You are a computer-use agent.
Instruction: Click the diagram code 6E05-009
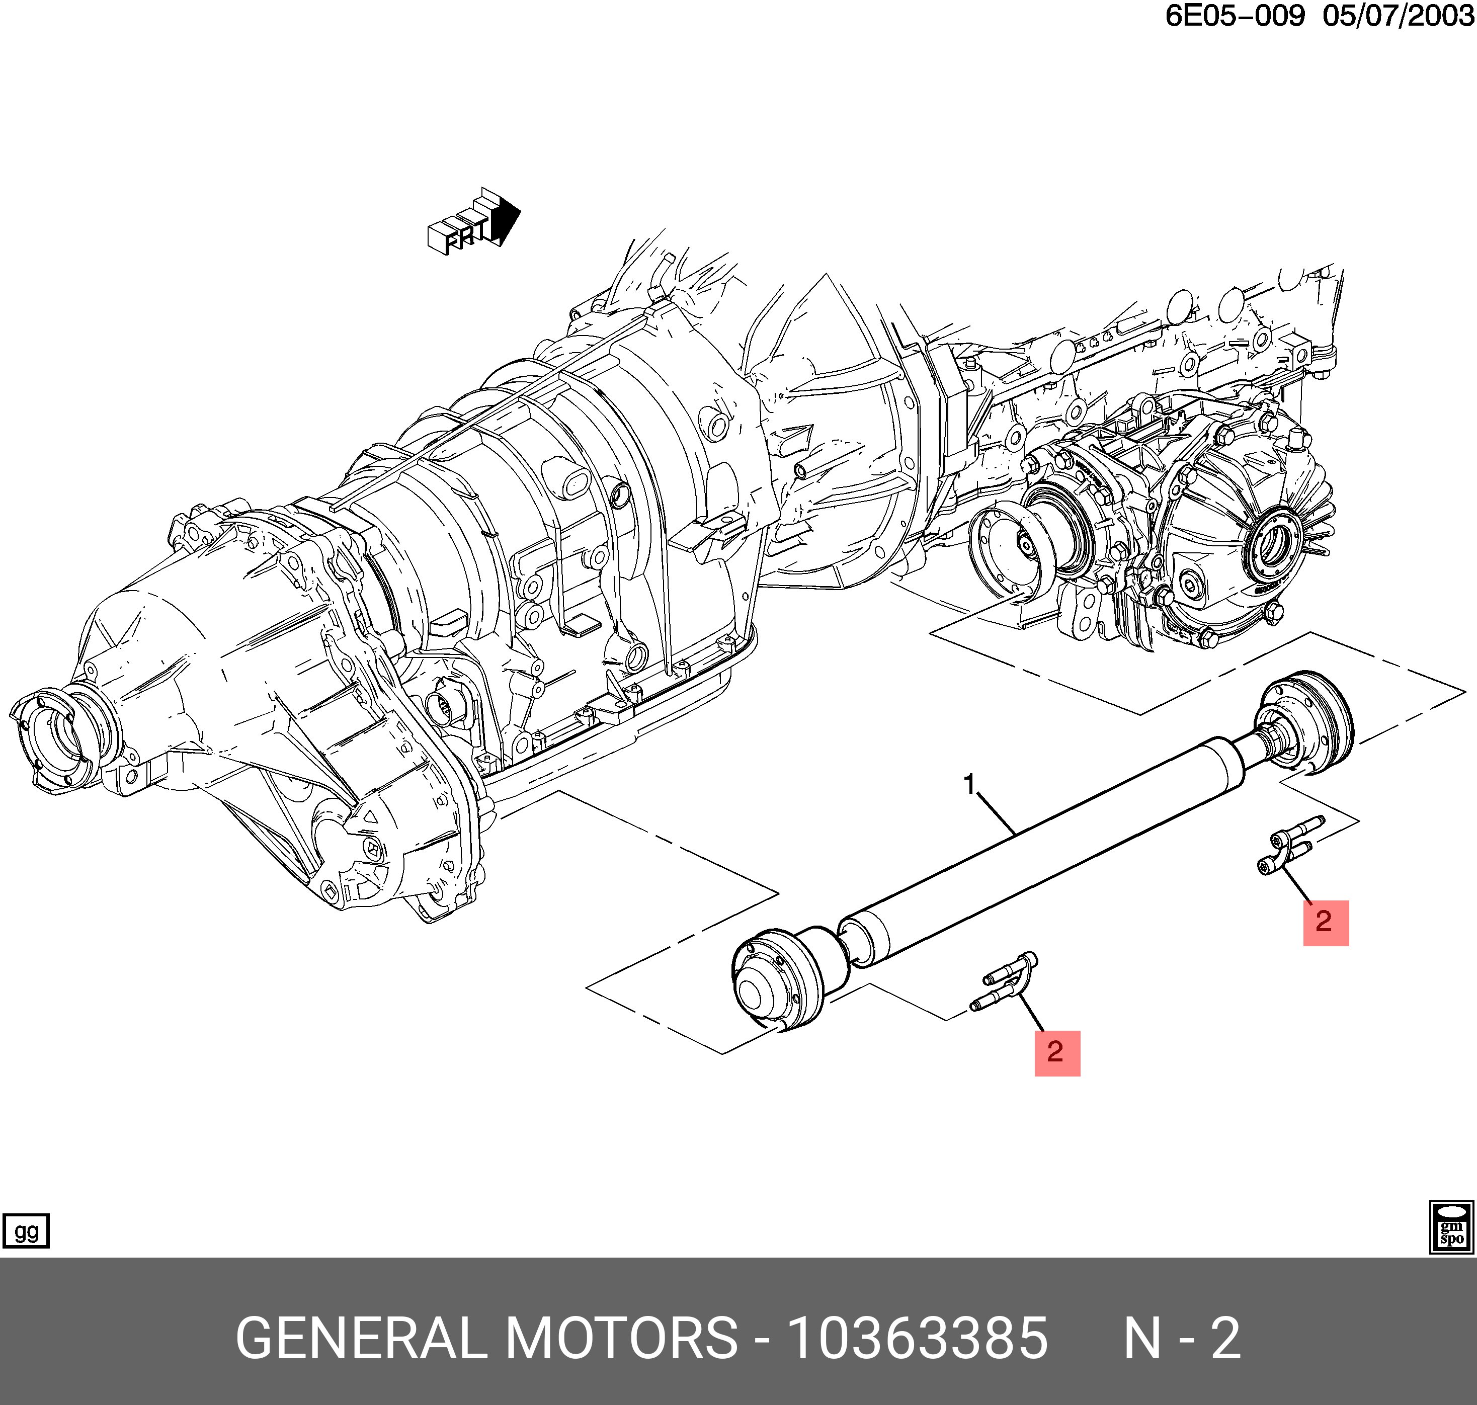click(1235, 16)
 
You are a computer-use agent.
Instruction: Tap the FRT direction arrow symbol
click(474, 222)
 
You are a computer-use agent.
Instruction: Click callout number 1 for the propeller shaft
click(970, 785)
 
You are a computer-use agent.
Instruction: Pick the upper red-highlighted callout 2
click(1326, 923)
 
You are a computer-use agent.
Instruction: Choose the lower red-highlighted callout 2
click(1057, 1053)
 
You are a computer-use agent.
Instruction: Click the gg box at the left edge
click(26, 1232)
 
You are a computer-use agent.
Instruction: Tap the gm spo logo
click(1451, 1227)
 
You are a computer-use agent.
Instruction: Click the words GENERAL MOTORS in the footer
click(487, 1338)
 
